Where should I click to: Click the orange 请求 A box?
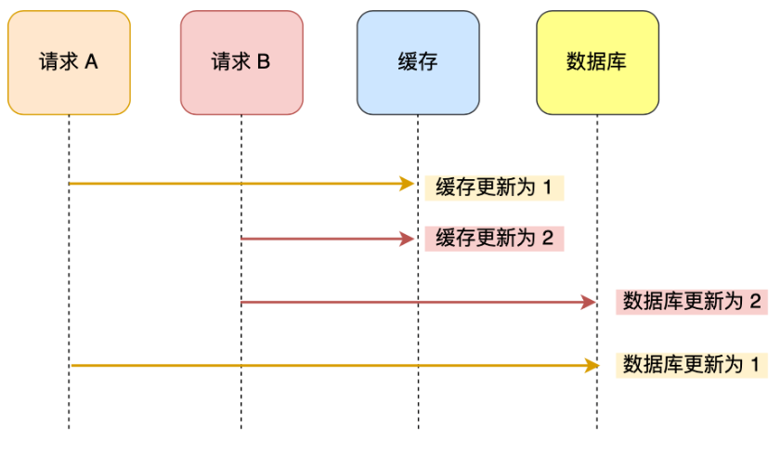point(69,63)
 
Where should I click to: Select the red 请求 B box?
point(241,63)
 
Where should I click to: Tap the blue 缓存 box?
point(418,63)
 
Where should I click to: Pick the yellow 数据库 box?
point(597,63)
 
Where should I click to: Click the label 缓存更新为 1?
point(494,188)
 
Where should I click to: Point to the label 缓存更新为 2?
point(494,239)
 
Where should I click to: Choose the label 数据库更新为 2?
point(691,302)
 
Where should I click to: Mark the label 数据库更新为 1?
point(691,365)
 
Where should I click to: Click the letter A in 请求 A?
point(92,62)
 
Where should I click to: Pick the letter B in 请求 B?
point(264,62)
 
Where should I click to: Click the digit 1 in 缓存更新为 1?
point(548,188)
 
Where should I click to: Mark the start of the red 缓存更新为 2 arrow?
point(242,240)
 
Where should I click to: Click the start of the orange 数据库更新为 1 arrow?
point(71,366)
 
